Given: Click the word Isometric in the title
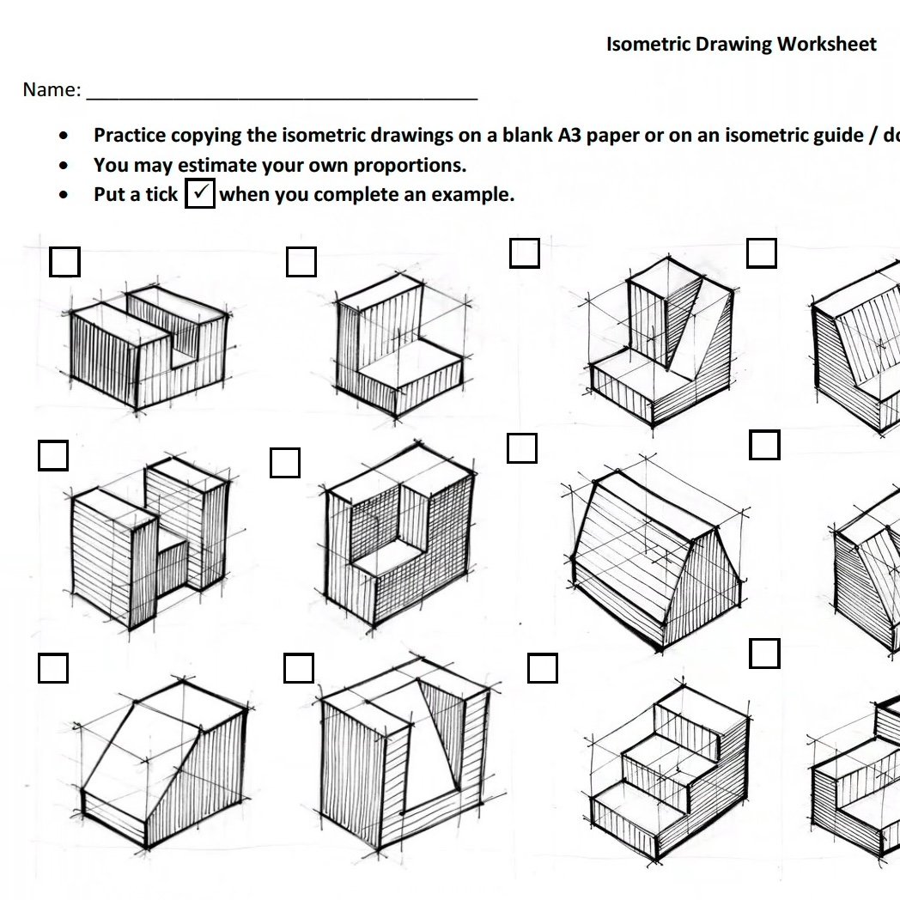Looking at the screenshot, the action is point(648,44).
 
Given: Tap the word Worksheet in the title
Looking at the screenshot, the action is point(826,44).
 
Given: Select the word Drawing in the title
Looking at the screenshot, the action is point(733,45).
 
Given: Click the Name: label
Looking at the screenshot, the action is point(52,89).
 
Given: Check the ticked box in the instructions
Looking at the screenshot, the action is point(200,193).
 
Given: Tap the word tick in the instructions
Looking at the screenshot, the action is point(161,194).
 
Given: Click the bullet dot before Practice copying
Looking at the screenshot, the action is point(64,136).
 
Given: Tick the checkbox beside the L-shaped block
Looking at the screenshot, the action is point(301,262).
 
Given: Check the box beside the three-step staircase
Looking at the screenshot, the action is point(543,667).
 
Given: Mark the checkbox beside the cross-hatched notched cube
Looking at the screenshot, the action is point(285,463).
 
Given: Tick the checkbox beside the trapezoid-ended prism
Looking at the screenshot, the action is point(522,447).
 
